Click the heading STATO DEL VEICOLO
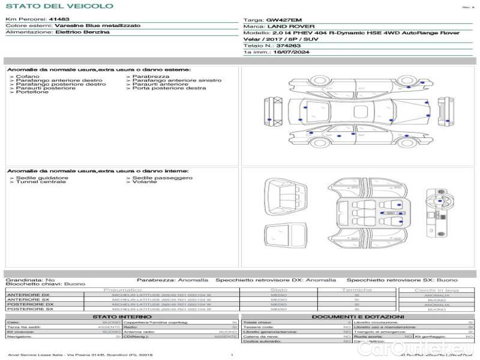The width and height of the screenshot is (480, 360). (x=59, y=7)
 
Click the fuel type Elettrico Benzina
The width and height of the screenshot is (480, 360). (x=82, y=32)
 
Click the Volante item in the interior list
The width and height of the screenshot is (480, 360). (x=144, y=182)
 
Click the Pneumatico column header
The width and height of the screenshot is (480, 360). (x=123, y=290)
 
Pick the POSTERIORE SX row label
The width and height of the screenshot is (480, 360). (x=29, y=310)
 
